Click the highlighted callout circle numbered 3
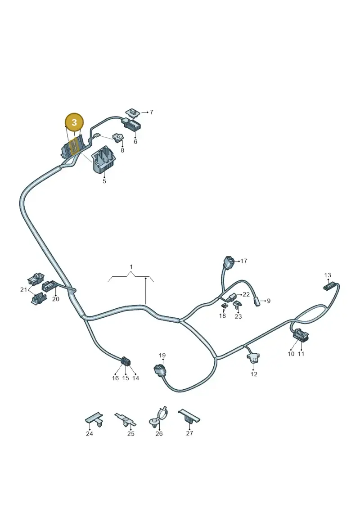coord(74,122)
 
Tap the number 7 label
coord(151,112)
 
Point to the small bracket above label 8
coord(118,138)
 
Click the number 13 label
coord(328,275)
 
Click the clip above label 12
coord(253,357)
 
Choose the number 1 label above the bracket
coord(131,267)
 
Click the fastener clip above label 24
coord(94,419)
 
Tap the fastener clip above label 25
coord(126,420)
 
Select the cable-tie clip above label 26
coord(158,418)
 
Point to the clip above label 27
coord(189,416)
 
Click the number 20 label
coord(56,299)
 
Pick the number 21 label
coord(24,289)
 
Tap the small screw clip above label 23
coord(237,305)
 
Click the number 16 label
coord(115,378)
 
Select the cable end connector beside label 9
coord(257,301)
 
